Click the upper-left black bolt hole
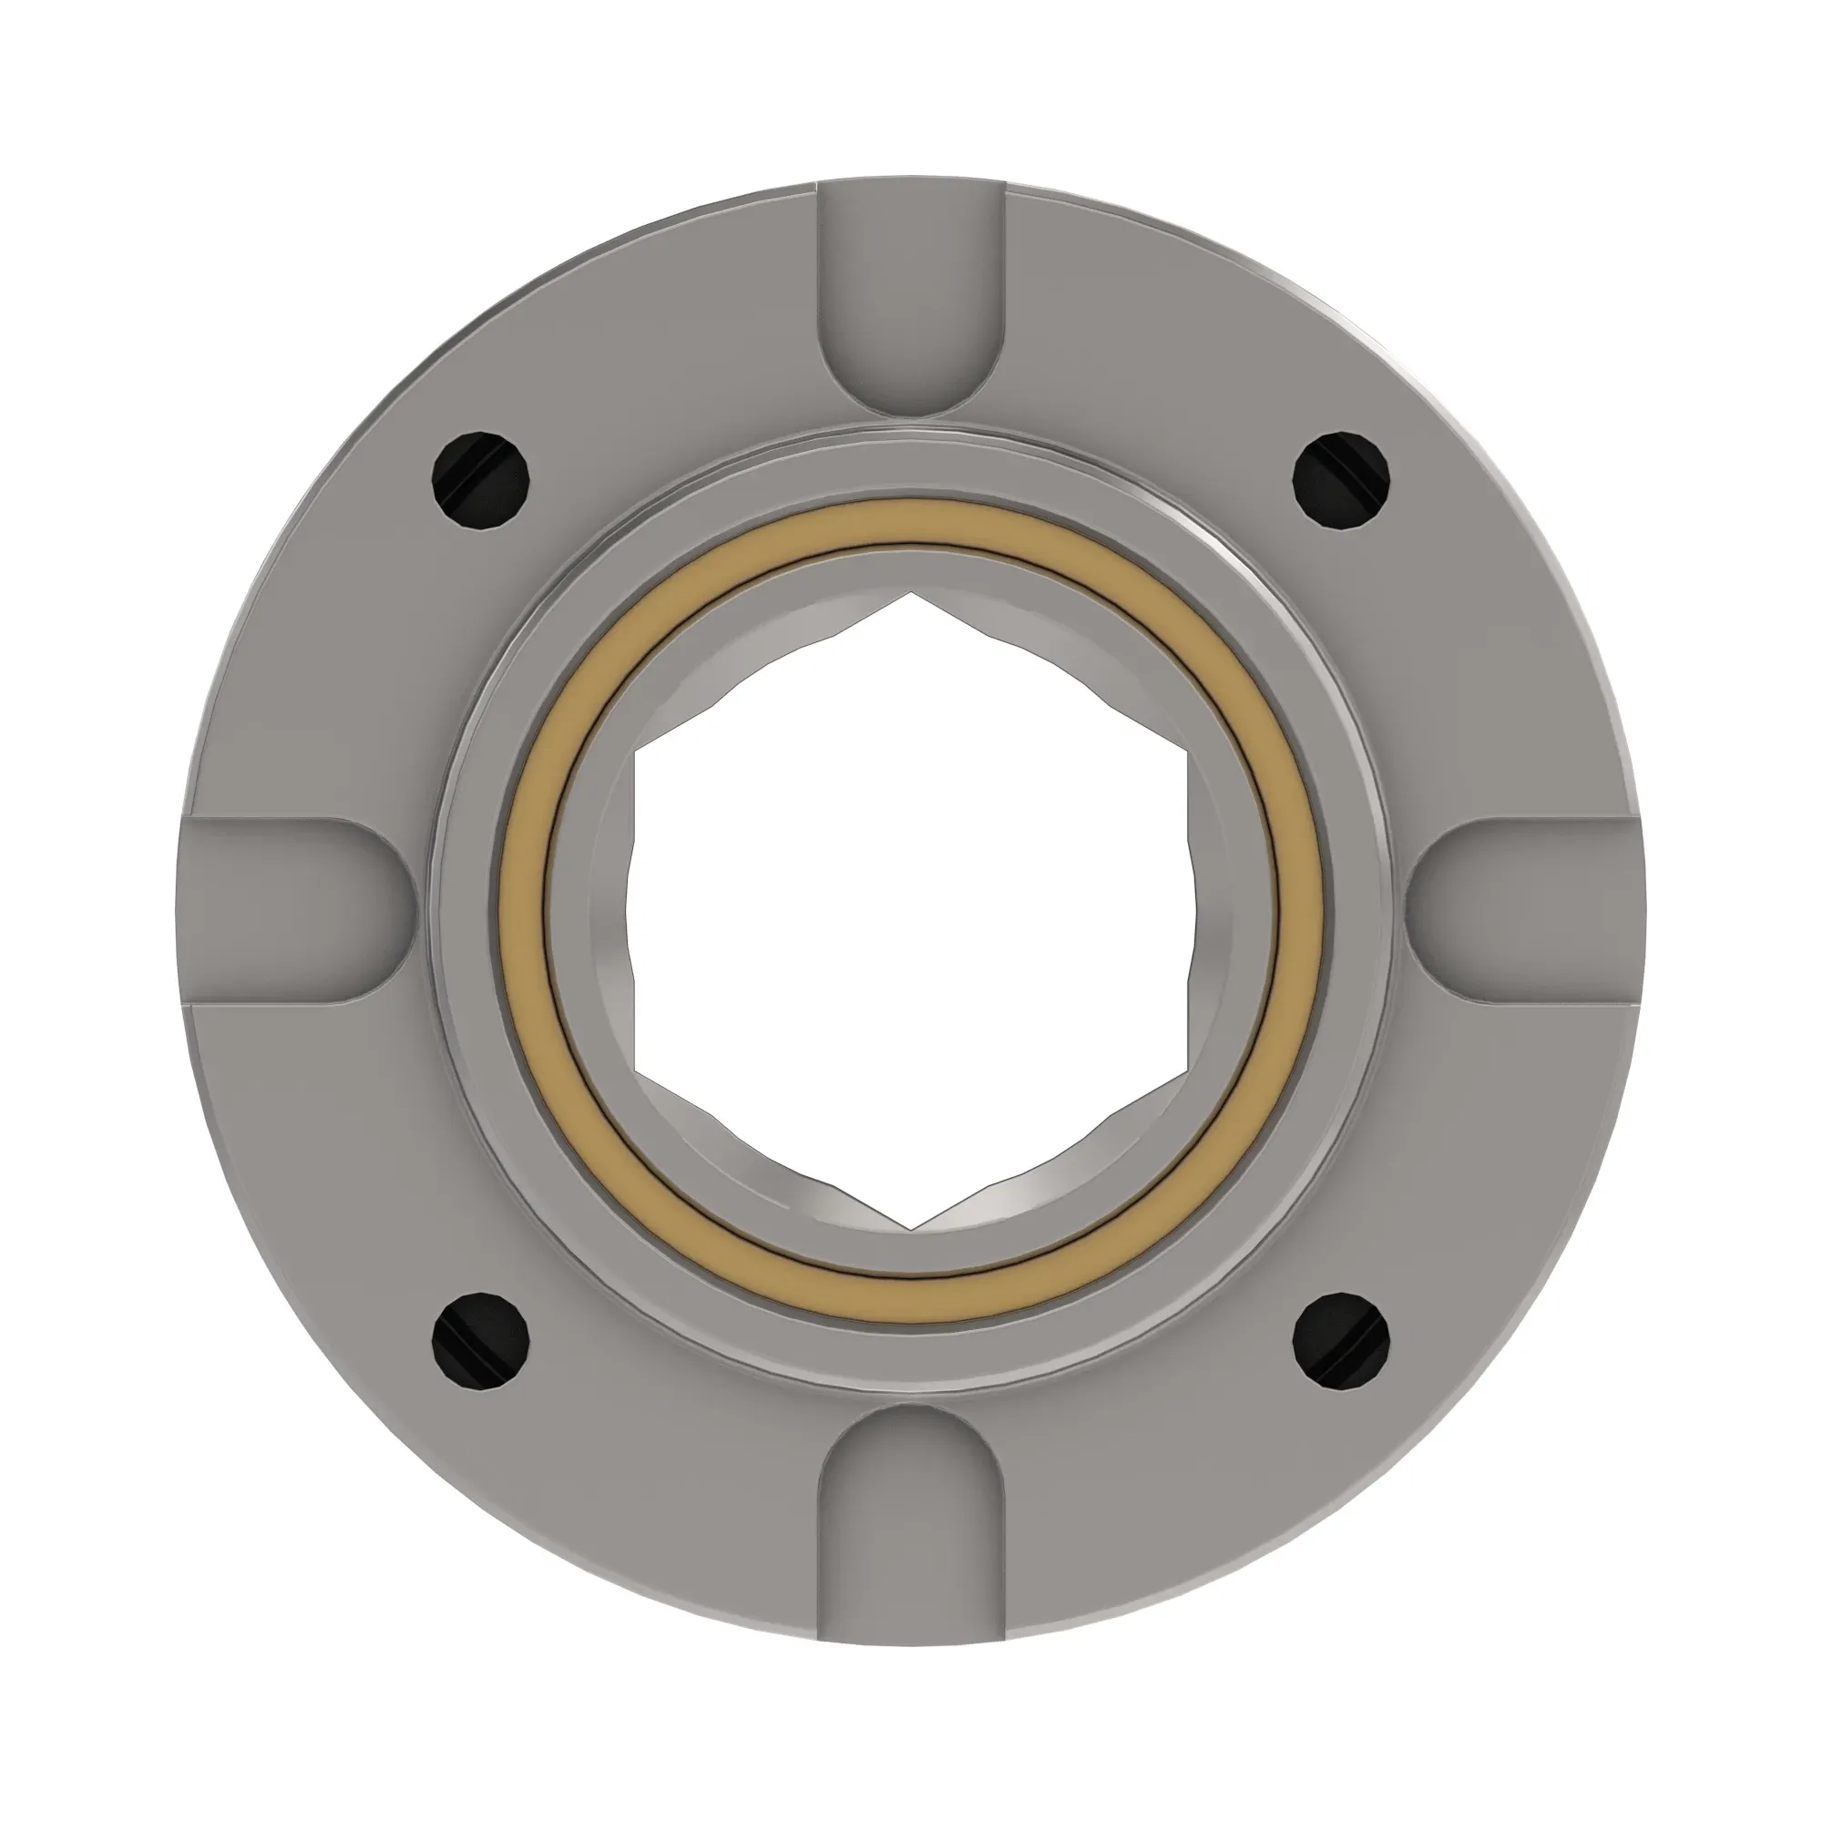[480, 479]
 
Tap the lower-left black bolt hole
[480, 1341]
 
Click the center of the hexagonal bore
[911, 910]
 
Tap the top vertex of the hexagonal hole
[911, 593]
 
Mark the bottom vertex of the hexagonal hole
[911, 1229]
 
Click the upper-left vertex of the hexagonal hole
[637, 752]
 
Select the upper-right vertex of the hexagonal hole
[1185, 752]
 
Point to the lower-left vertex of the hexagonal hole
[637, 1070]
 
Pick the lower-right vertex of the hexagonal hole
[1185, 1070]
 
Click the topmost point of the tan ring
[911, 510]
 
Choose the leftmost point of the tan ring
[510, 910]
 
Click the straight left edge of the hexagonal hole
[637, 910]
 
